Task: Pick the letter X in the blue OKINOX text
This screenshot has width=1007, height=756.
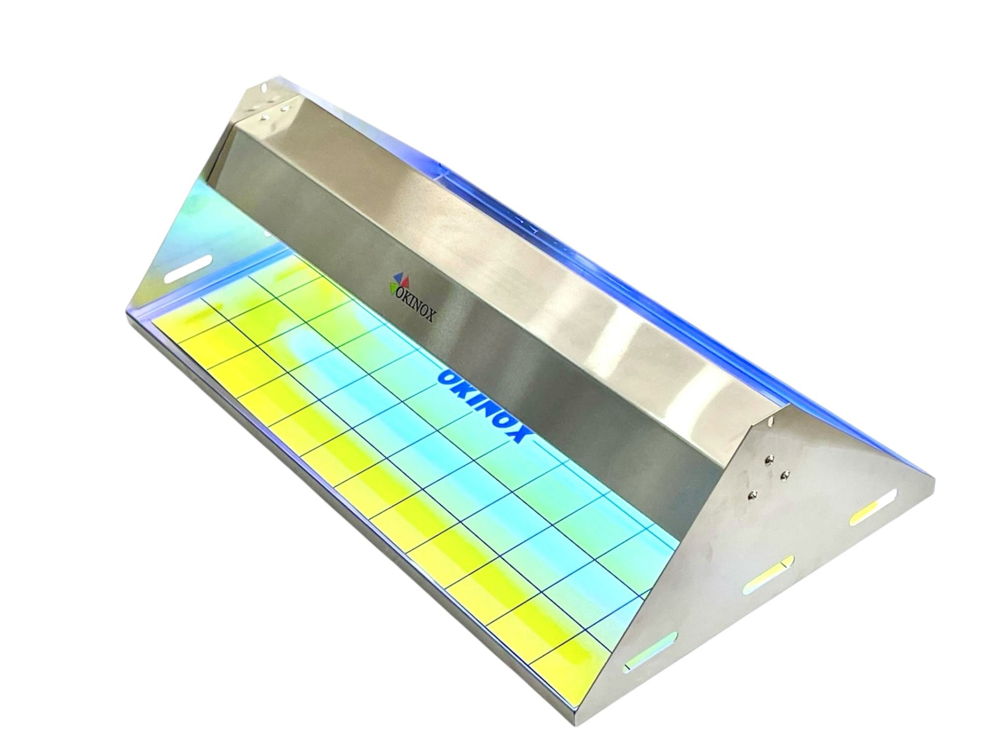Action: [x=516, y=434]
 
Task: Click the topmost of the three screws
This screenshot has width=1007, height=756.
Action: [x=769, y=459]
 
